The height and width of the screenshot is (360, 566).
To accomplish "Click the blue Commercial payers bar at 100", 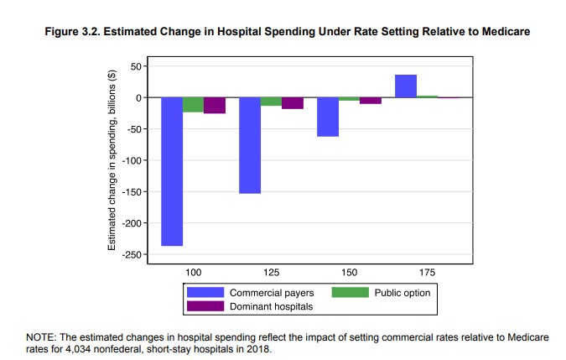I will pos(172,171).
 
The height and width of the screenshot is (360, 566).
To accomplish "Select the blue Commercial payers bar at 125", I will pos(250,145).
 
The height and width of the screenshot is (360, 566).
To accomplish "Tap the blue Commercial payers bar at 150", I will pos(328,117).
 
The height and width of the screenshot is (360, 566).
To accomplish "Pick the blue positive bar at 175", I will pos(406,86).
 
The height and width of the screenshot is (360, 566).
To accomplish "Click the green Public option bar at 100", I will pos(194,105).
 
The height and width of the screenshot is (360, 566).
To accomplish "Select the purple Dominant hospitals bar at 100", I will pos(215,106).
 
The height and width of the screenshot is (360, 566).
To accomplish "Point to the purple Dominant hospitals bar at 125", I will pos(293,103).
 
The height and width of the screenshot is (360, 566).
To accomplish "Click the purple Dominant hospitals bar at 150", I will pos(371,101).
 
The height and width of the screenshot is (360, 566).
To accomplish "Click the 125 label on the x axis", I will pos(272,274).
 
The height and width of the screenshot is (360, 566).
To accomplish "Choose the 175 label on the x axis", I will pos(428,274).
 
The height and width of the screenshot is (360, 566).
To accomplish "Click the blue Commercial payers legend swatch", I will pos(205,293).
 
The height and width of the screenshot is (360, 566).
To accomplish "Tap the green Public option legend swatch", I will pos(351,293).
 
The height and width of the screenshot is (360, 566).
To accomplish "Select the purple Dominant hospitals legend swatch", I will pos(205,306).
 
